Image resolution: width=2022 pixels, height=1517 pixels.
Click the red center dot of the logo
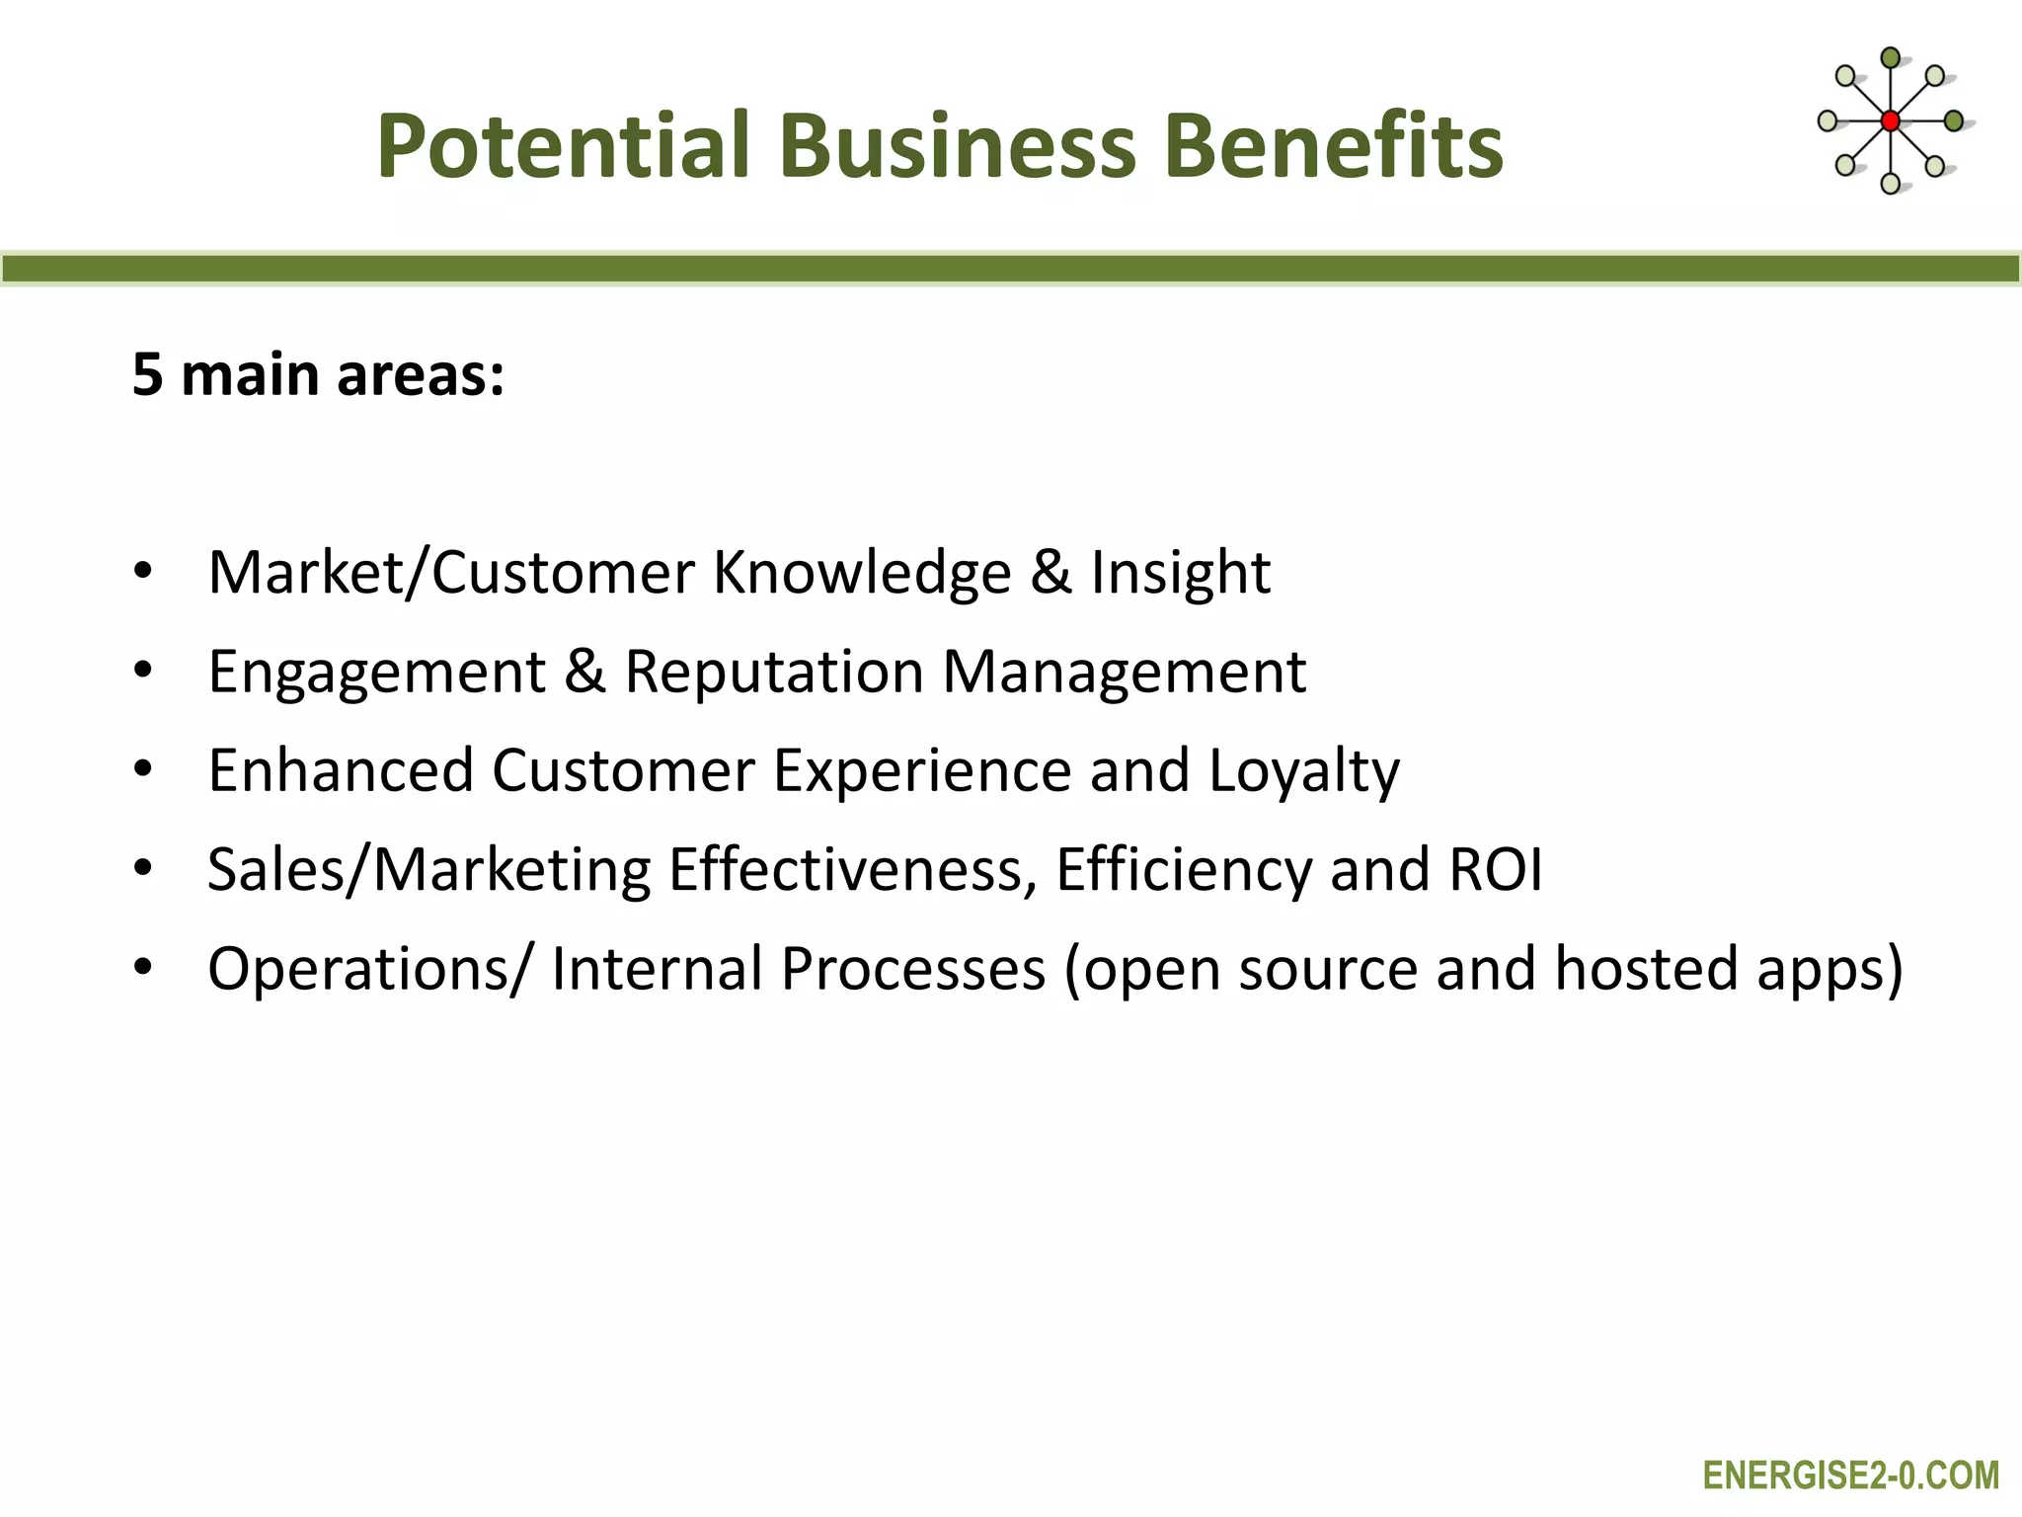click(1890, 121)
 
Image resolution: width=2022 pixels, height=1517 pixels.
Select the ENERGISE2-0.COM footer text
click(1850, 1476)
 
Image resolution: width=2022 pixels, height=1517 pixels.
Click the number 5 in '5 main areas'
click(147, 375)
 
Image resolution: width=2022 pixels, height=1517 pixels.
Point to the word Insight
click(1180, 573)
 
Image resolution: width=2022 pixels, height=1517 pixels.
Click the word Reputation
click(774, 672)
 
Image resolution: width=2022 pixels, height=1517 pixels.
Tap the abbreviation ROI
click(1495, 870)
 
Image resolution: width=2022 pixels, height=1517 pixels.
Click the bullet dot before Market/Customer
click(143, 572)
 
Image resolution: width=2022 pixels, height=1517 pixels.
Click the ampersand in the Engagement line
click(584, 672)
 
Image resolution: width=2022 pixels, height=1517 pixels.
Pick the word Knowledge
click(862, 573)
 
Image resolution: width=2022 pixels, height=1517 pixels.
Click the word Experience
click(922, 771)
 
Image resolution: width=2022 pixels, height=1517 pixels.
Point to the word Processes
click(913, 969)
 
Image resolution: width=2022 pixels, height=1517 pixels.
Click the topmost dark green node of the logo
click(1890, 58)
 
